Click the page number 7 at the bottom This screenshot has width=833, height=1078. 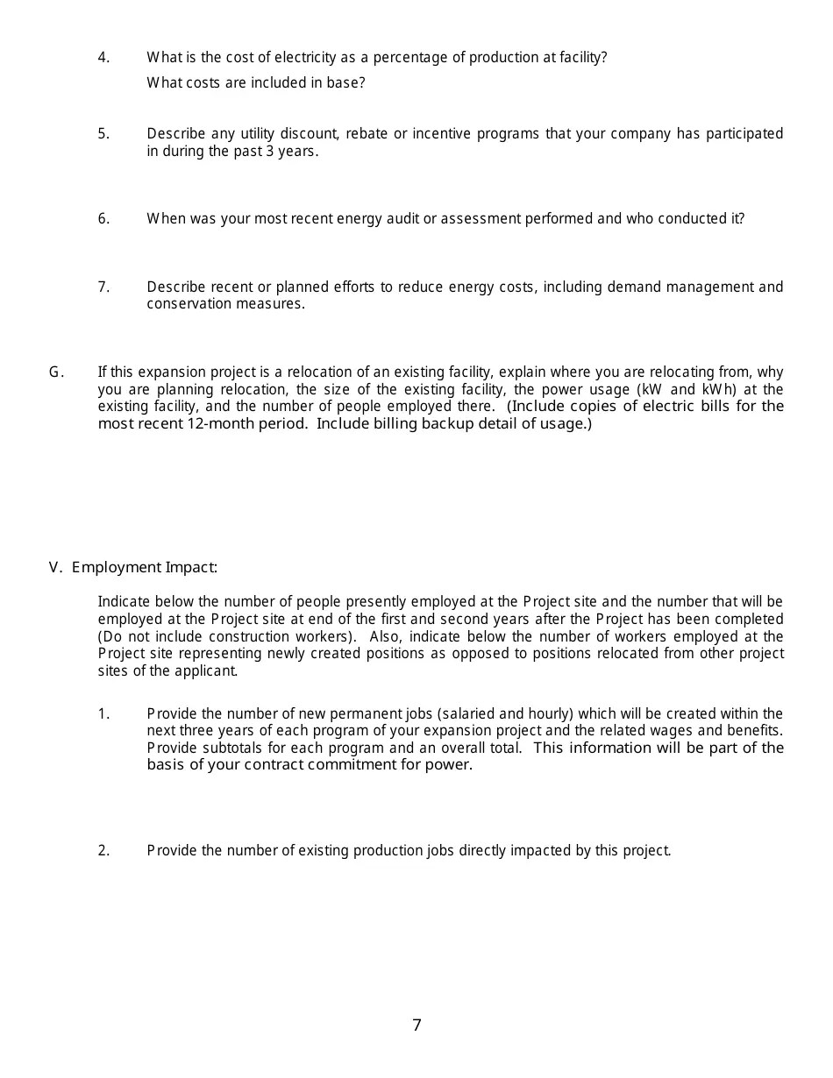click(416, 1025)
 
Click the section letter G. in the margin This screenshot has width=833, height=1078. click(56, 372)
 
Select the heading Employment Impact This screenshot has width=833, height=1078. click(145, 567)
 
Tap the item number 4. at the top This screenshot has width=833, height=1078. click(103, 58)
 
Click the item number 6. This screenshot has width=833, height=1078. click(103, 219)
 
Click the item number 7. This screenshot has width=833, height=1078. click(103, 287)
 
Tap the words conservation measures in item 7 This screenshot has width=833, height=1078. click(225, 304)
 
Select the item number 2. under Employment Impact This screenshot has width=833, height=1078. click(103, 851)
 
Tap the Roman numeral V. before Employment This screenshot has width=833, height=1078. click(56, 567)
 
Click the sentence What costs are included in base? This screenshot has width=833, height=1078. click(255, 83)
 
